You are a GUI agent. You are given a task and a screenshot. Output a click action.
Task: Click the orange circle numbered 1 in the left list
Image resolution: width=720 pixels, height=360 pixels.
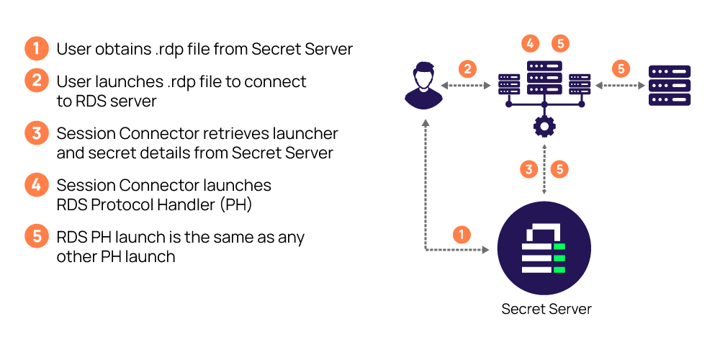point(37,48)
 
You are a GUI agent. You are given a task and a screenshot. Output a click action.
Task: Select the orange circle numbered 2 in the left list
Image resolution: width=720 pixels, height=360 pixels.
point(37,80)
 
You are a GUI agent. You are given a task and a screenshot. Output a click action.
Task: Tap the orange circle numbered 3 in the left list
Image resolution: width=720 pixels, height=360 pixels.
point(37,132)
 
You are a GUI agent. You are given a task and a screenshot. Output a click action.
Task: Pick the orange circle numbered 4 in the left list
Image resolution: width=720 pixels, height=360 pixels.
point(37,184)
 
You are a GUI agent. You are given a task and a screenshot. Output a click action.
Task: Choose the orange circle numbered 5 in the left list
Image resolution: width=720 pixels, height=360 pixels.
point(37,235)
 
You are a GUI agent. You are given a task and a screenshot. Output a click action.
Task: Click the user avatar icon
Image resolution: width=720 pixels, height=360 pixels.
point(423,86)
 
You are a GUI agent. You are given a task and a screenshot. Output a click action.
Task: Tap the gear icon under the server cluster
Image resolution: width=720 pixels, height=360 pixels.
point(544,127)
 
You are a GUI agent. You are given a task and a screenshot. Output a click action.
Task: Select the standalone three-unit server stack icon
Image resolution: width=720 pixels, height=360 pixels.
point(670,85)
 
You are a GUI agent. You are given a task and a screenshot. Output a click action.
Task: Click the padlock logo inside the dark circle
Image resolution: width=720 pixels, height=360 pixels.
point(544,248)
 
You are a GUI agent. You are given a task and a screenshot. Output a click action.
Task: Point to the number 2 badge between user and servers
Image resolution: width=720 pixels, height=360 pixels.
point(467,69)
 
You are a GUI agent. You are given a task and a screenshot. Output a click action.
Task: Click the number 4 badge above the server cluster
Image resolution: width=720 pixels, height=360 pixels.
point(530,43)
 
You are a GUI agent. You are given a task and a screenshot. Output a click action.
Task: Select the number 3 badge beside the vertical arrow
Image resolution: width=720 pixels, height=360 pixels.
point(529,169)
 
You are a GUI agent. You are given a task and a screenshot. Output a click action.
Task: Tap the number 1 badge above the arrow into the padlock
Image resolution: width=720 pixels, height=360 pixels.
point(462,235)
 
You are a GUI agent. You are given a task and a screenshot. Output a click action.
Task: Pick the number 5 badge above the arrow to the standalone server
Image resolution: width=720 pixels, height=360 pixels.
point(621,69)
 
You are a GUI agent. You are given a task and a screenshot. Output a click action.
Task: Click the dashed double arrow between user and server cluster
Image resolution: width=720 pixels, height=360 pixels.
point(466,86)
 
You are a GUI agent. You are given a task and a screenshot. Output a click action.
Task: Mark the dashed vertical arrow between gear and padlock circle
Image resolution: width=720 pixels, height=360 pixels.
point(544,169)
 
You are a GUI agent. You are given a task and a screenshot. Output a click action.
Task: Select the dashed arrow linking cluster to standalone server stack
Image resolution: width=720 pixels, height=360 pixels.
point(620,86)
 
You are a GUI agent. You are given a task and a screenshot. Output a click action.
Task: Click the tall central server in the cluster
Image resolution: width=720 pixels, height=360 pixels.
point(544,77)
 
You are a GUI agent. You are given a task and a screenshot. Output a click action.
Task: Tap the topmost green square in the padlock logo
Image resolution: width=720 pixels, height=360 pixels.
point(559,247)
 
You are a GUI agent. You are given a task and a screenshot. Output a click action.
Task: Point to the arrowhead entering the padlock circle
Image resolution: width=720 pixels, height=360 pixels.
point(486,250)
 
